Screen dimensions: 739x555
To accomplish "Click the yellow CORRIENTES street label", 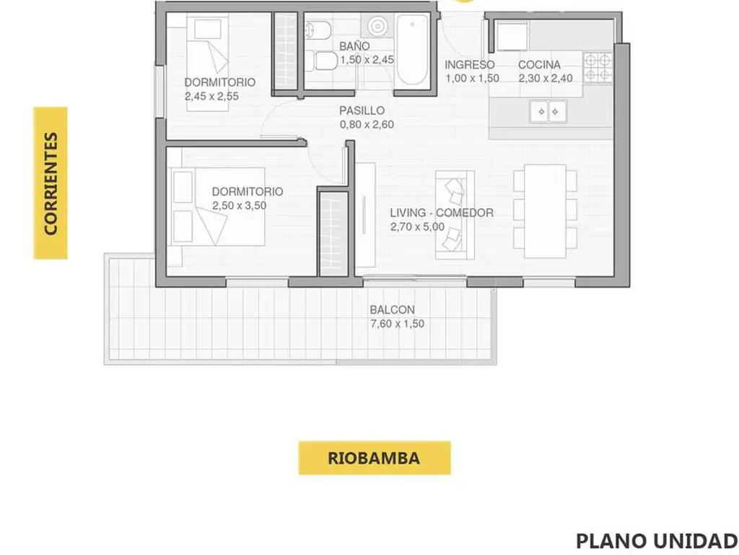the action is pos(51,183).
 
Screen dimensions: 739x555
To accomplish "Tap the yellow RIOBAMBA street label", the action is pos(375,457).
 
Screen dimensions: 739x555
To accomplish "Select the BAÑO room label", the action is pos(354,46).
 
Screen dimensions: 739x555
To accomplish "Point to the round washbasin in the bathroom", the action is pos(378,27).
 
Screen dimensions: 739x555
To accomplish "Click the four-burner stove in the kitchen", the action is pos(598,67).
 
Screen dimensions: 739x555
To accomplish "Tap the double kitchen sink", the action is pos(548,112).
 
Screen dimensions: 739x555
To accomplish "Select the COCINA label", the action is pos(539,64).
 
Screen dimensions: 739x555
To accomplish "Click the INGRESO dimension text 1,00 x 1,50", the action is pos(472,78).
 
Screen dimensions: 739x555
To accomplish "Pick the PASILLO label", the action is pos(362,111).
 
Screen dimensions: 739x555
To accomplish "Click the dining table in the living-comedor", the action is pos(545,211).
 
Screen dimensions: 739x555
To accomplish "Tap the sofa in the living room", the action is pos(455,215).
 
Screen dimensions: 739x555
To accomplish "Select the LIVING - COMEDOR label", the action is pos(442,213).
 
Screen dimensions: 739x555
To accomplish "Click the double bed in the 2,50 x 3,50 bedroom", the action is pos(217,207).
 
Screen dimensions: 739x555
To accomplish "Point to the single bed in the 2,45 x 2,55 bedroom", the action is pos(207,62).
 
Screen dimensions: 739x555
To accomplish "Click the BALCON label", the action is pos(392,310).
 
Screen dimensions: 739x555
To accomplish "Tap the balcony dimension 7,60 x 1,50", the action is pos(398,324).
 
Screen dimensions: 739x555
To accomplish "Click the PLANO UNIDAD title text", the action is pos(657,541).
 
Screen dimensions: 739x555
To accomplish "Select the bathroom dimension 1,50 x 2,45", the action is pos(367,60).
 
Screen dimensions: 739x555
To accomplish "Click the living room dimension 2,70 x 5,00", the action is pos(417,226).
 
